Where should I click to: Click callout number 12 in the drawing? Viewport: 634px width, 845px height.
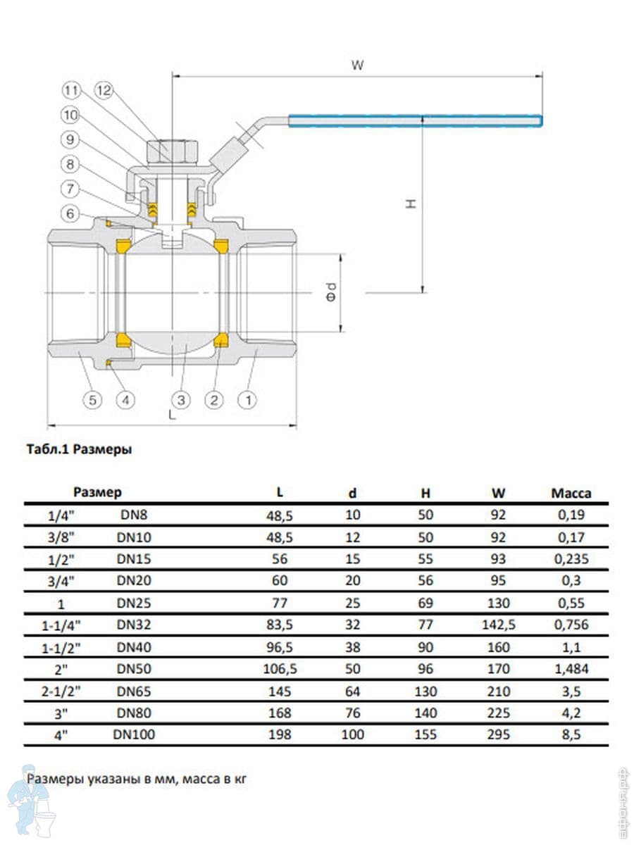104,90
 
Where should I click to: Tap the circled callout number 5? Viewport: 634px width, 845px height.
92,400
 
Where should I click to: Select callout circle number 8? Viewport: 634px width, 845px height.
70,164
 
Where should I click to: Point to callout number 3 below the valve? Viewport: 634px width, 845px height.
181,400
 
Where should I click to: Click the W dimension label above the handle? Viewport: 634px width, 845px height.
357,65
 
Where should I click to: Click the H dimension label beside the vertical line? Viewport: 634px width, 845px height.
411,204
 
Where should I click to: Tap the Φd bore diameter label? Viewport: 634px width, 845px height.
331,292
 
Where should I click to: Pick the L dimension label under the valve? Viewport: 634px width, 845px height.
172,415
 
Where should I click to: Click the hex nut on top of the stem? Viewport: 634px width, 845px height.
172,152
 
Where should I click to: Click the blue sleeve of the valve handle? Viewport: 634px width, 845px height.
416,120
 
